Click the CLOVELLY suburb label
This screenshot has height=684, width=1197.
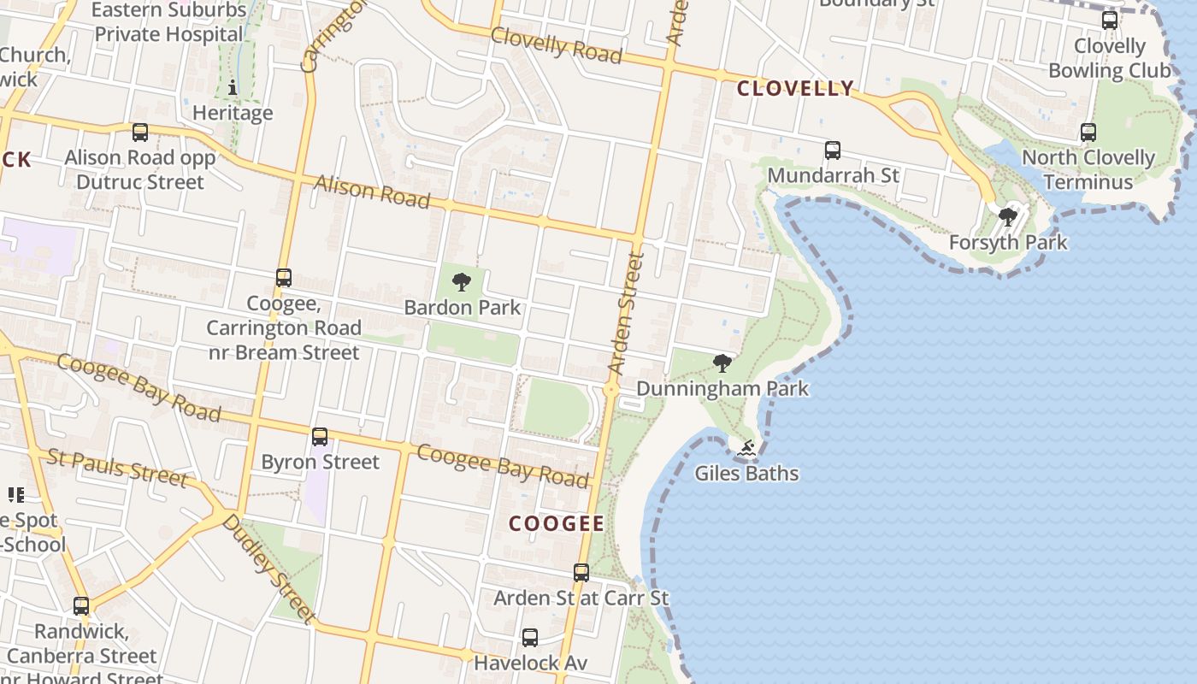[795, 88]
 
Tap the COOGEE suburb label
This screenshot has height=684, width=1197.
[557, 523]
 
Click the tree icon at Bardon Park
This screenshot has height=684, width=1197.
[462, 281]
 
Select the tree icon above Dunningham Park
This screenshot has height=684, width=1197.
[722, 363]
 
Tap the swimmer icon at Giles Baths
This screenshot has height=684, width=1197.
[746, 448]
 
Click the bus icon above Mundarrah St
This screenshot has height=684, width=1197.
[833, 150]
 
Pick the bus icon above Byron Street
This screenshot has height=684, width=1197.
[320, 437]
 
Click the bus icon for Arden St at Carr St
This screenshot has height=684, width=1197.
[581, 573]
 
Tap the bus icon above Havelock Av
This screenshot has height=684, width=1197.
[530, 638]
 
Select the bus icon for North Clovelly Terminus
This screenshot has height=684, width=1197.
[1088, 133]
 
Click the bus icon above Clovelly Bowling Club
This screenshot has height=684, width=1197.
[1110, 21]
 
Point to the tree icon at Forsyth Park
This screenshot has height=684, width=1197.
[1008, 217]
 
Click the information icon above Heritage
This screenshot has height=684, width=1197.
[233, 87]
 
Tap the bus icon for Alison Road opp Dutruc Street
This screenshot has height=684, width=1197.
[140, 133]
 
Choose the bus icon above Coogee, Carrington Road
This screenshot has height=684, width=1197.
[284, 278]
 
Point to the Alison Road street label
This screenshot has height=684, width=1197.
[371, 192]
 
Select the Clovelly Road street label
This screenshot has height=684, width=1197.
[556, 44]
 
